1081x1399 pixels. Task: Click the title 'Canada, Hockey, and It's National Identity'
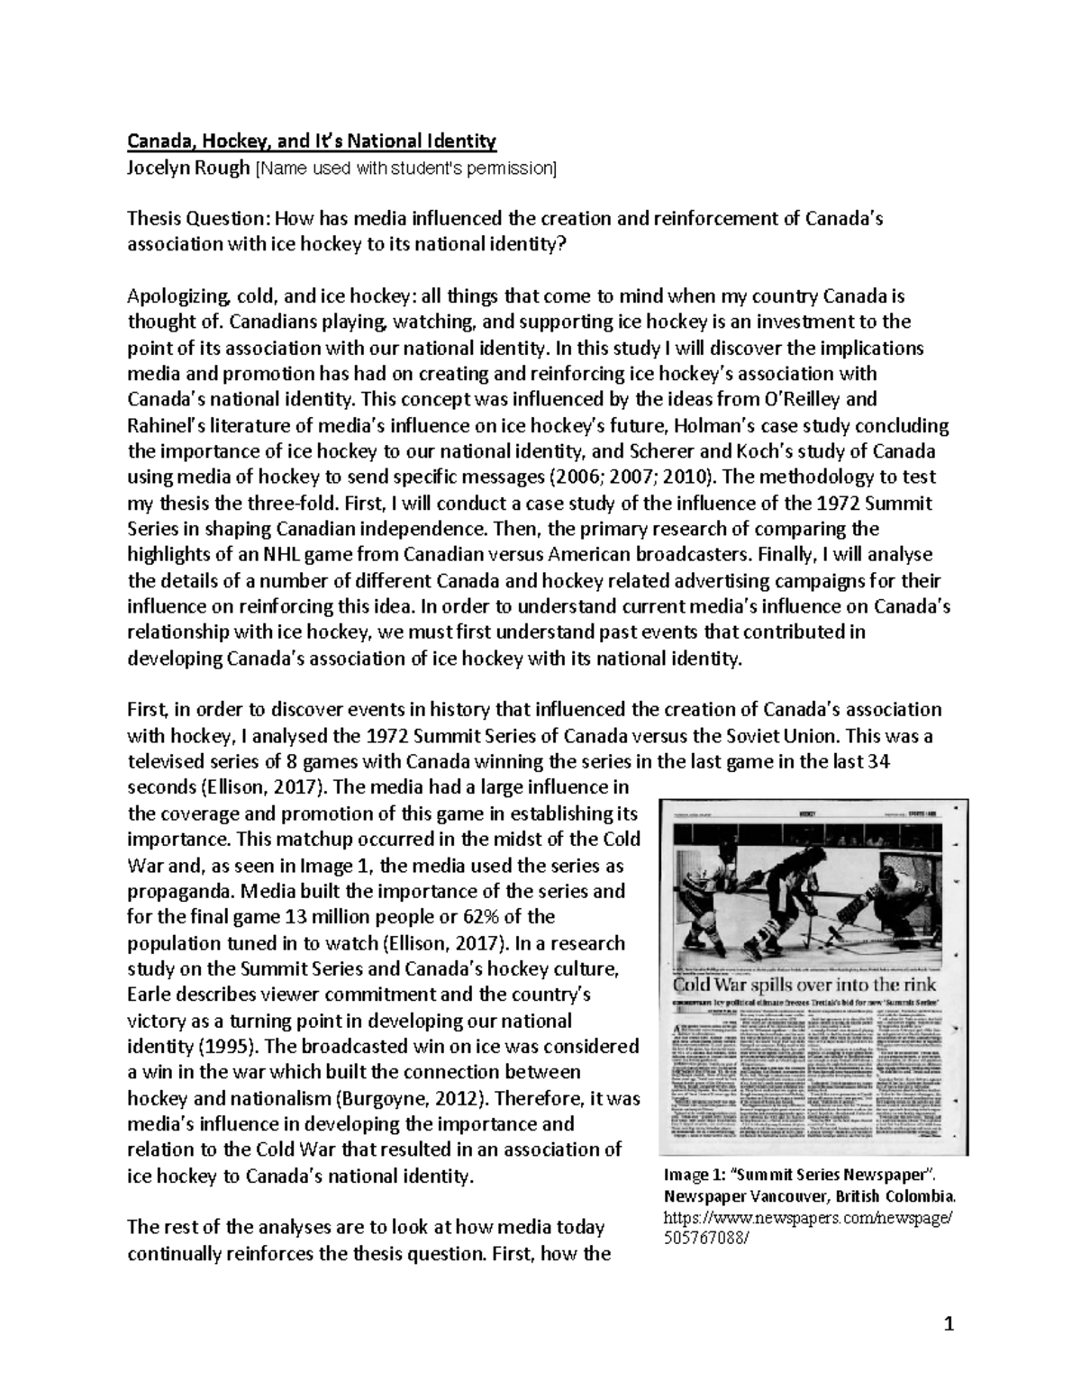click(x=311, y=141)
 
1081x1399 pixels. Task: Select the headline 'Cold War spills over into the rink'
click(x=802, y=985)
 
